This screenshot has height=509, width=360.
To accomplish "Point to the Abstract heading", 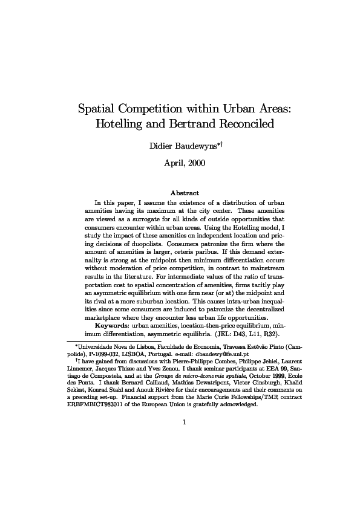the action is tap(180, 193).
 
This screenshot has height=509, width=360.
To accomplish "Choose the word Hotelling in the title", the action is tap(120, 125).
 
